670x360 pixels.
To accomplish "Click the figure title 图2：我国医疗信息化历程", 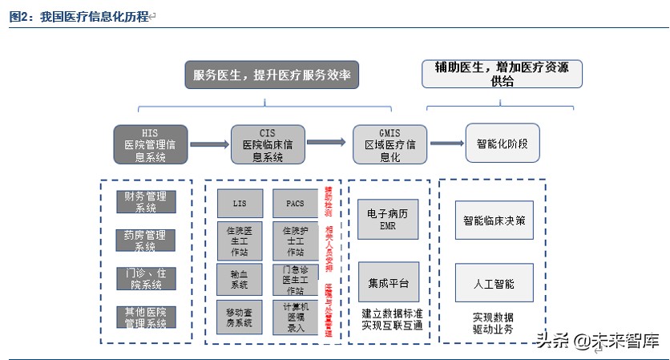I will coord(79,16).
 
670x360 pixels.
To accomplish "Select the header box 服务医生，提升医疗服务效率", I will coord(272,75).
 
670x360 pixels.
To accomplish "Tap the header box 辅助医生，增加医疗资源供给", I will coord(502,74).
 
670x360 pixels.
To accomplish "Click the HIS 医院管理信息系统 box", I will coord(150,145).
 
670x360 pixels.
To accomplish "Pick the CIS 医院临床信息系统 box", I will coord(268,145).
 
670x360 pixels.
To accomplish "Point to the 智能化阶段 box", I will coord(502,144).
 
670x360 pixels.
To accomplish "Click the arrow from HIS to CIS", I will coord(209,145).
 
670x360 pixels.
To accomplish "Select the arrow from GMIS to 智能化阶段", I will coord(447,144).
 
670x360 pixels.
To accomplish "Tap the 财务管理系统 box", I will coord(145,201).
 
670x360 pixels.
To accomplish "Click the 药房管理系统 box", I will coord(145,241).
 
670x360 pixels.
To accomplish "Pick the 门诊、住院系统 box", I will coord(145,278).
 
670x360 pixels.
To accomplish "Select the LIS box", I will coord(240,204).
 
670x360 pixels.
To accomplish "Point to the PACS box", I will coord(295,204).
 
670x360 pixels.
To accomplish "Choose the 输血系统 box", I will coord(240,278).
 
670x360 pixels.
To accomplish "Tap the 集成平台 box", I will coord(388,282).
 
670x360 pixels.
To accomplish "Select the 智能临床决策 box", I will coord(494,220).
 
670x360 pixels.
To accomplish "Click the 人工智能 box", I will coord(494,283).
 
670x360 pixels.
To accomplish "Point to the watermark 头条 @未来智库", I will coord(598,340).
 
